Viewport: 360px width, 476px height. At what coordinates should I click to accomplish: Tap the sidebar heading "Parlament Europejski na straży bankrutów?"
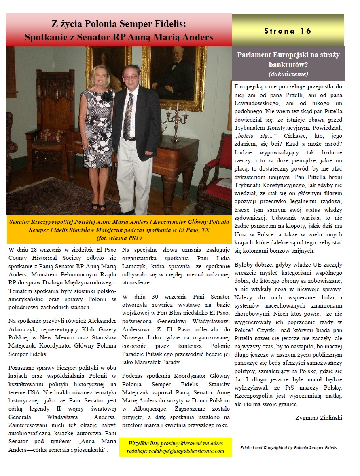tap(288, 59)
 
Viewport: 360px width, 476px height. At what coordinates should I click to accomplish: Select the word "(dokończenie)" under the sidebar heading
tap(288, 74)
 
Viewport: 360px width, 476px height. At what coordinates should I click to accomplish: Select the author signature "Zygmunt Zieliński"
tap(319, 418)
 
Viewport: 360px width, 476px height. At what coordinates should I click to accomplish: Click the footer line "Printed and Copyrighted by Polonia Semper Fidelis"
tap(288, 447)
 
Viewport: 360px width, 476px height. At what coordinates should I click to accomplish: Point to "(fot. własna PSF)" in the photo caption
tap(119, 238)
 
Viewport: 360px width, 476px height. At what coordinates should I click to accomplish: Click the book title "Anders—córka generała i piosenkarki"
tap(58, 450)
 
